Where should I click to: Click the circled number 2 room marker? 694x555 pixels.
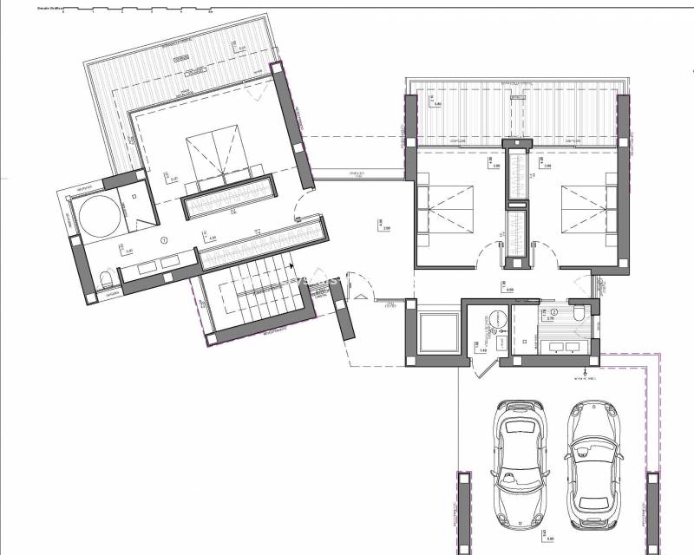[x=554, y=310]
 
